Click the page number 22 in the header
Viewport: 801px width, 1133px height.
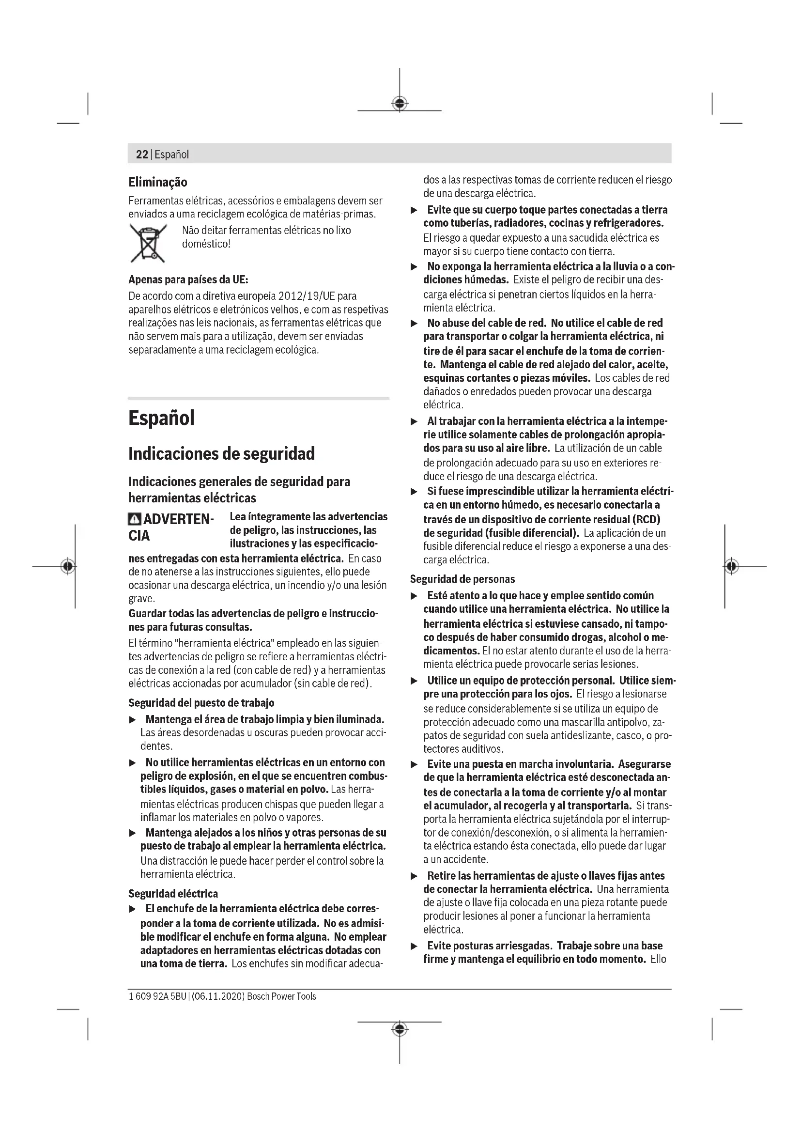point(141,155)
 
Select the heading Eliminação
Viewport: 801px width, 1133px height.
point(158,182)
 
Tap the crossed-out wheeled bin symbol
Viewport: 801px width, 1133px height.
point(148,243)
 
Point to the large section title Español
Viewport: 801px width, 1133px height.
point(161,418)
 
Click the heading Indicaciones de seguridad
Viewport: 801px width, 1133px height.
point(221,453)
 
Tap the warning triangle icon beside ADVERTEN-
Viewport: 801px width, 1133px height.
point(134,520)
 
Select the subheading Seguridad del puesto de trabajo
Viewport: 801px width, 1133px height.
point(201,702)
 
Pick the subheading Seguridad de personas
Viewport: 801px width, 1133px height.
point(462,579)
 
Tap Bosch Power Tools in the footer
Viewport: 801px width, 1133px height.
point(282,996)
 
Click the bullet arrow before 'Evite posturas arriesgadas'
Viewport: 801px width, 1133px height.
point(415,946)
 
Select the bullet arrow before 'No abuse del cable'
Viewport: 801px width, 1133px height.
point(415,324)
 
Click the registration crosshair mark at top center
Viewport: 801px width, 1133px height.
point(400,104)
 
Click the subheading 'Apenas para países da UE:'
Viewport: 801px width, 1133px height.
point(188,280)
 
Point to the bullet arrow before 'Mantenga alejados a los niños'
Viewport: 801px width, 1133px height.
point(132,833)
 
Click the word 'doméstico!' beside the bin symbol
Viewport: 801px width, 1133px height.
point(206,244)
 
